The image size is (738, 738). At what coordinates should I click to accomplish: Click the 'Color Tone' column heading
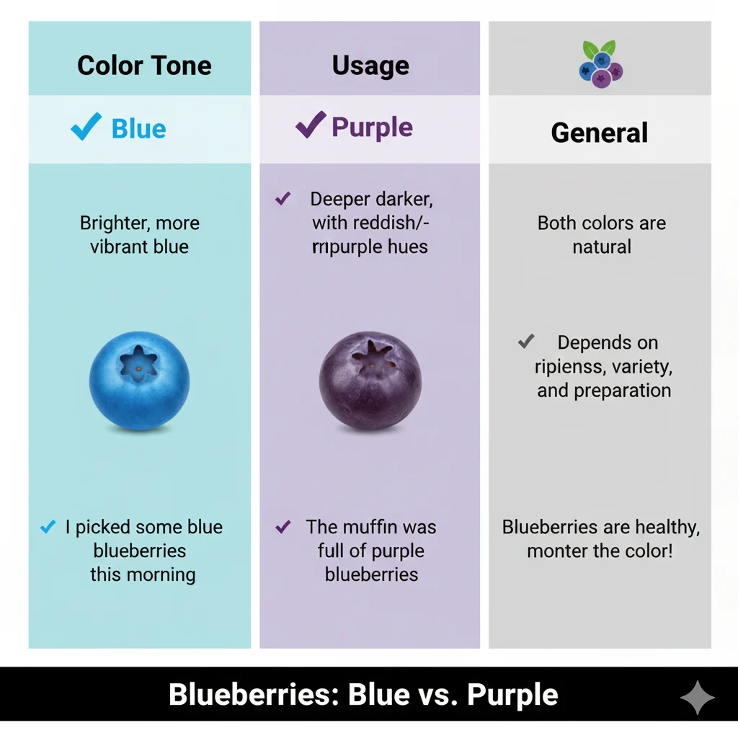(144, 66)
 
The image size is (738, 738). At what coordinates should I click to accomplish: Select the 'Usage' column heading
(370, 66)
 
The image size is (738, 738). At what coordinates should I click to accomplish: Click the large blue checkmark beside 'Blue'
(86, 128)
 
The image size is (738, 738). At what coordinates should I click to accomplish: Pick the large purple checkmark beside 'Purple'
(311, 126)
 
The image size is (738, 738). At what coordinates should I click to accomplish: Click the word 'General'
(600, 133)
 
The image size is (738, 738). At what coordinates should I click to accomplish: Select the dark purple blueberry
(370, 381)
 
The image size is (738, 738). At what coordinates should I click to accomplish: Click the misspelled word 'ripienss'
(570, 367)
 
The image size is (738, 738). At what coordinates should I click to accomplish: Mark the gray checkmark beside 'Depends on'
(526, 341)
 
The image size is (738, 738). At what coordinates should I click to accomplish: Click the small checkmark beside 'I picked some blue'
(48, 528)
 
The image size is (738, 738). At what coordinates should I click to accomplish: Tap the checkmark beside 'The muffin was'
(283, 527)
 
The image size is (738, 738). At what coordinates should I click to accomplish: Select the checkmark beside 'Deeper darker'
(283, 199)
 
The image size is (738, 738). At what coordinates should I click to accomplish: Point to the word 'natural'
(602, 246)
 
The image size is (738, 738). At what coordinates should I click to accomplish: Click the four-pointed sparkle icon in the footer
(697, 697)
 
